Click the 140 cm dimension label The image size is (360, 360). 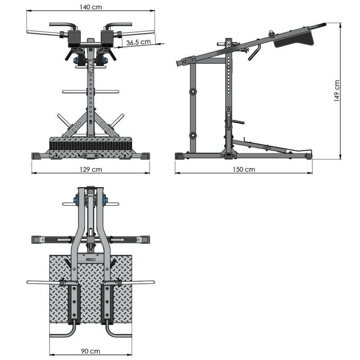pyautogui.click(x=91, y=7)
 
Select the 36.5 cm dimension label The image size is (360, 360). pyautogui.click(x=138, y=43)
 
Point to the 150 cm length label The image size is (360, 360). pyautogui.click(x=244, y=169)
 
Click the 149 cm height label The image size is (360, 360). pyautogui.click(x=337, y=91)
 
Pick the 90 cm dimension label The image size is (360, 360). pyautogui.click(x=91, y=351)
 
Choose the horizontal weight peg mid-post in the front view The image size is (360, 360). pyautogui.click(x=91, y=92)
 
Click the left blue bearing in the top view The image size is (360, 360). pyautogui.click(x=77, y=199)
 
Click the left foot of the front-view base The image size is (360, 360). pyautogui.click(x=39, y=155)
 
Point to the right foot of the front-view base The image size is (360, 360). pyautogui.click(x=143, y=155)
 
